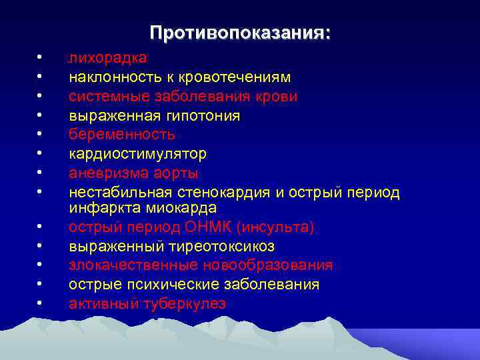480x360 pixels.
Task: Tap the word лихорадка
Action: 108,59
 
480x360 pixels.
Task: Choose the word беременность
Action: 122,135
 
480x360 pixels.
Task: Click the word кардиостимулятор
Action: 138,154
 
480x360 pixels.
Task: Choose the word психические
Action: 177,285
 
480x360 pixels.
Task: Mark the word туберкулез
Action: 185,304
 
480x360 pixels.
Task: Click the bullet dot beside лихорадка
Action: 40,59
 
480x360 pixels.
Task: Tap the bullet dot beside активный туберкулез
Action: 40,304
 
